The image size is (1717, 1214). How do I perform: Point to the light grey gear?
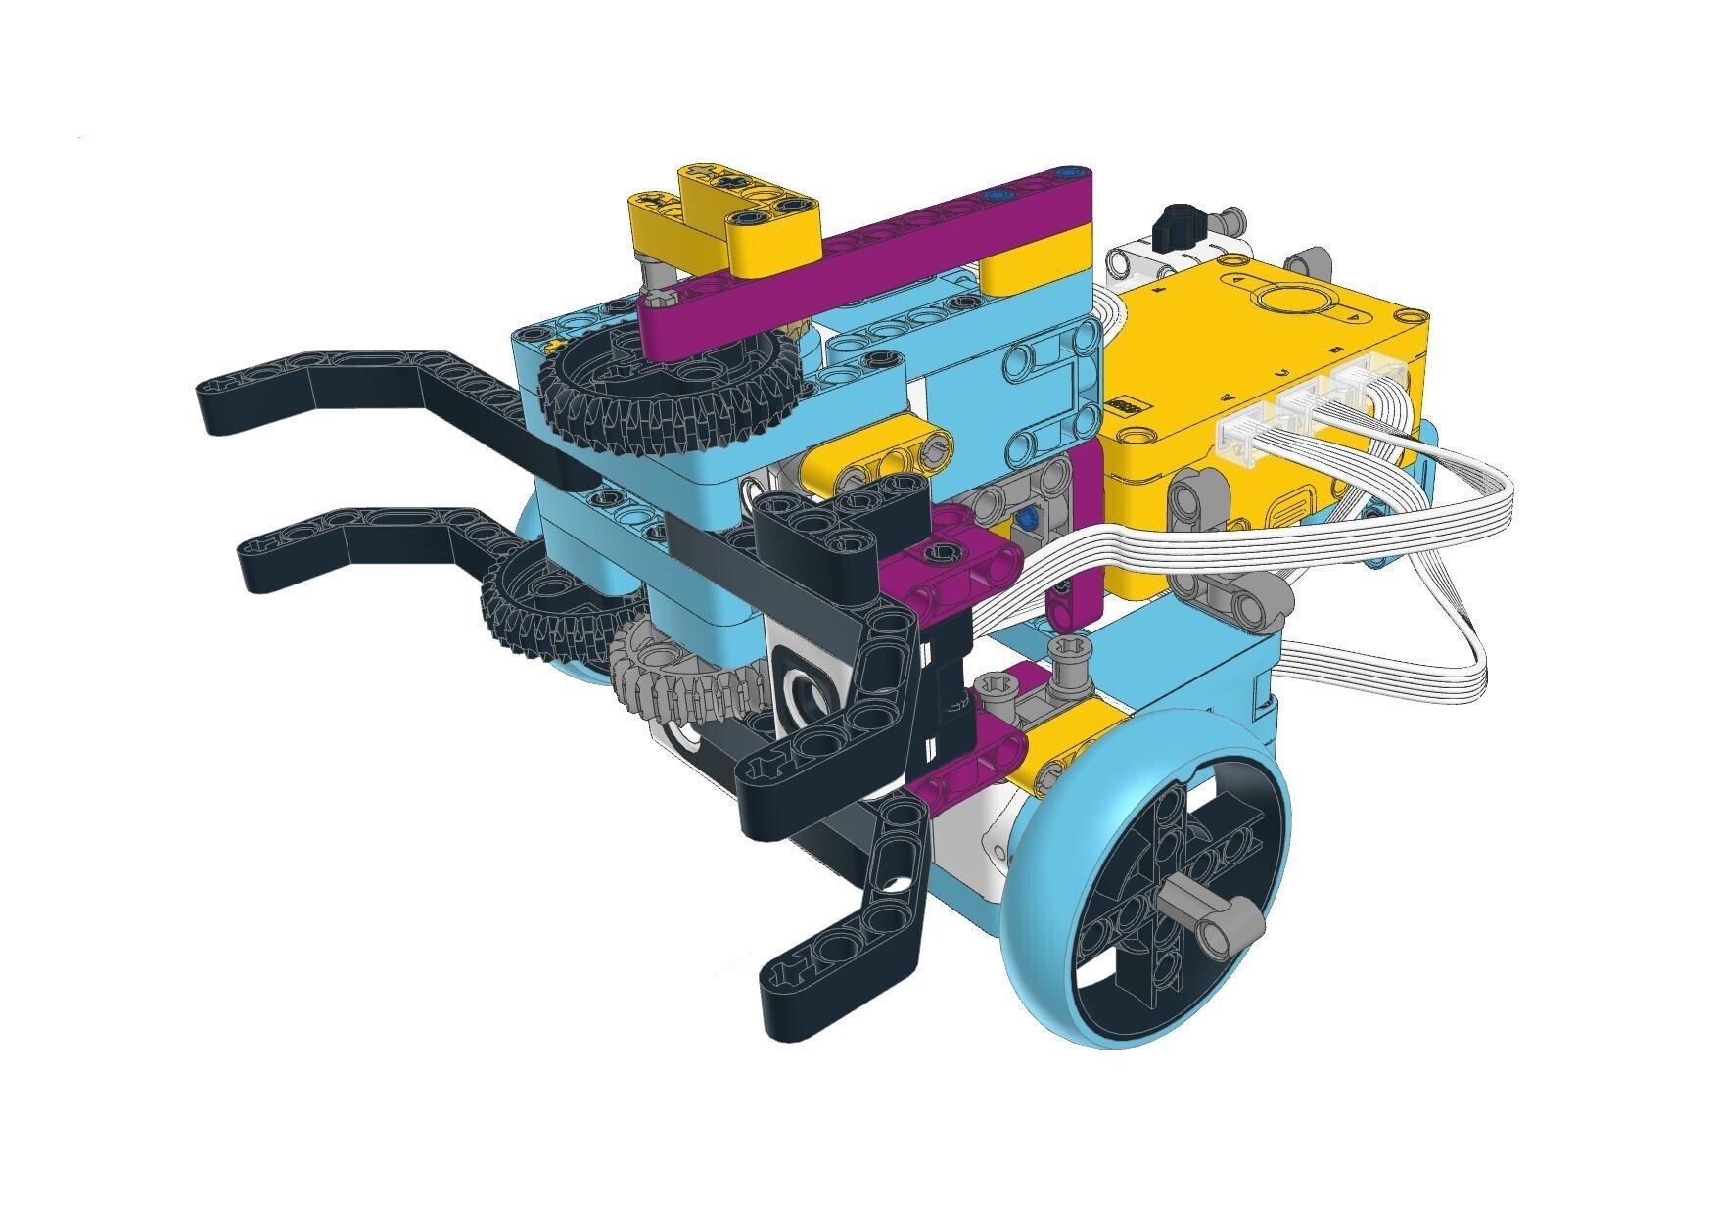click(x=685, y=685)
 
